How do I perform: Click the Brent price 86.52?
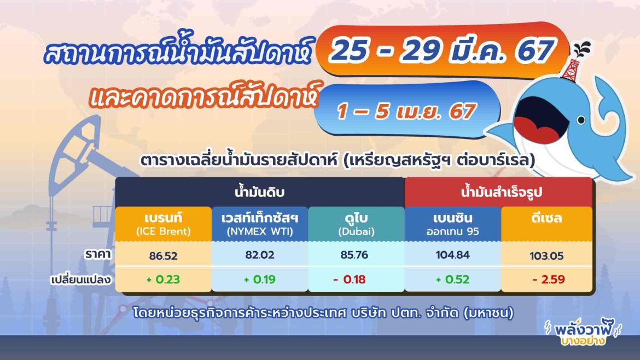pos(163,255)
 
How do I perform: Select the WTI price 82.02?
pos(259,255)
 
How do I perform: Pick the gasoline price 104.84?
pos(452,255)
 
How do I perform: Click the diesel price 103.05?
pos(547,256)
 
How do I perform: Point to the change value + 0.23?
pos(163,279)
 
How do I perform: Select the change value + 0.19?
pos(259,279)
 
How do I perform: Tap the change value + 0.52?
pos(452,279)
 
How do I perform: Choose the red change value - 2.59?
pos(547,279)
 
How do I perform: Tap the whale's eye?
pos(580,120)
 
